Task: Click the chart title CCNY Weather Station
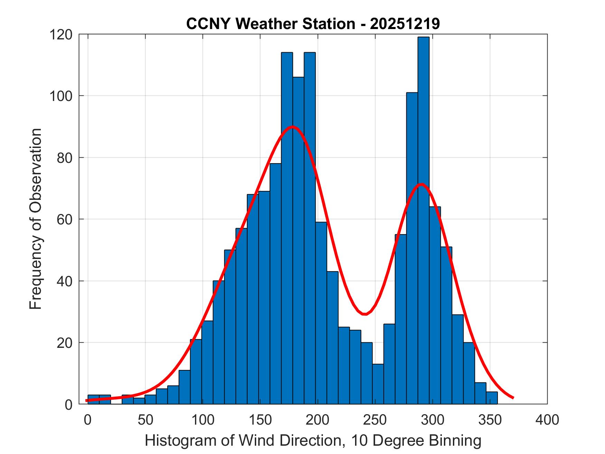[x=313, y=24]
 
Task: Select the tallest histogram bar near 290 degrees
[x=423, y=221]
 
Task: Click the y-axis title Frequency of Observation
[x=36, y=219]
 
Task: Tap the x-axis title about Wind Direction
[x=313, y=441]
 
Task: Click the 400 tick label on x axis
[x=547, y=420]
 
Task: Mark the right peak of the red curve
[x=421, y=184]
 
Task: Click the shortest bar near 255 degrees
[x=378, y=384]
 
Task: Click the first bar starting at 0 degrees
[x=93, y=399]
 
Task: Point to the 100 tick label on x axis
[x=203, y=420]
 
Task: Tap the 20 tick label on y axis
[x=64, y=343]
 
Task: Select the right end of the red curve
[x=513, y=398]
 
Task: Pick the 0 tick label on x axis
[x=88, y=420]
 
